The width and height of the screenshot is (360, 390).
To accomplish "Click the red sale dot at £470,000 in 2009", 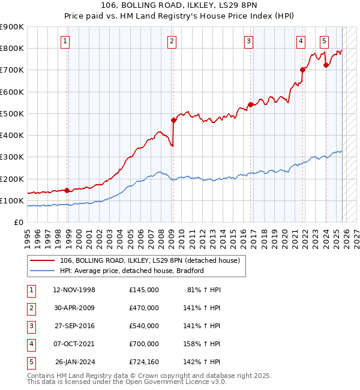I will (173, 120).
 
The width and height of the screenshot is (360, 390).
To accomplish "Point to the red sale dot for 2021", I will (302, 70).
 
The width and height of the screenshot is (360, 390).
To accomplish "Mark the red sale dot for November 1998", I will (67, 191).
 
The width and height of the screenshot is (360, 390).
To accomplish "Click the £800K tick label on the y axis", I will (12, 48).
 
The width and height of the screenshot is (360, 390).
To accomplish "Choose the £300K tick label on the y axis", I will (12, 157).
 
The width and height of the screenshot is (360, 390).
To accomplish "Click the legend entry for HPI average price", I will (132, 271).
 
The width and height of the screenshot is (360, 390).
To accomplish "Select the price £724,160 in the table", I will (143, 362).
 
